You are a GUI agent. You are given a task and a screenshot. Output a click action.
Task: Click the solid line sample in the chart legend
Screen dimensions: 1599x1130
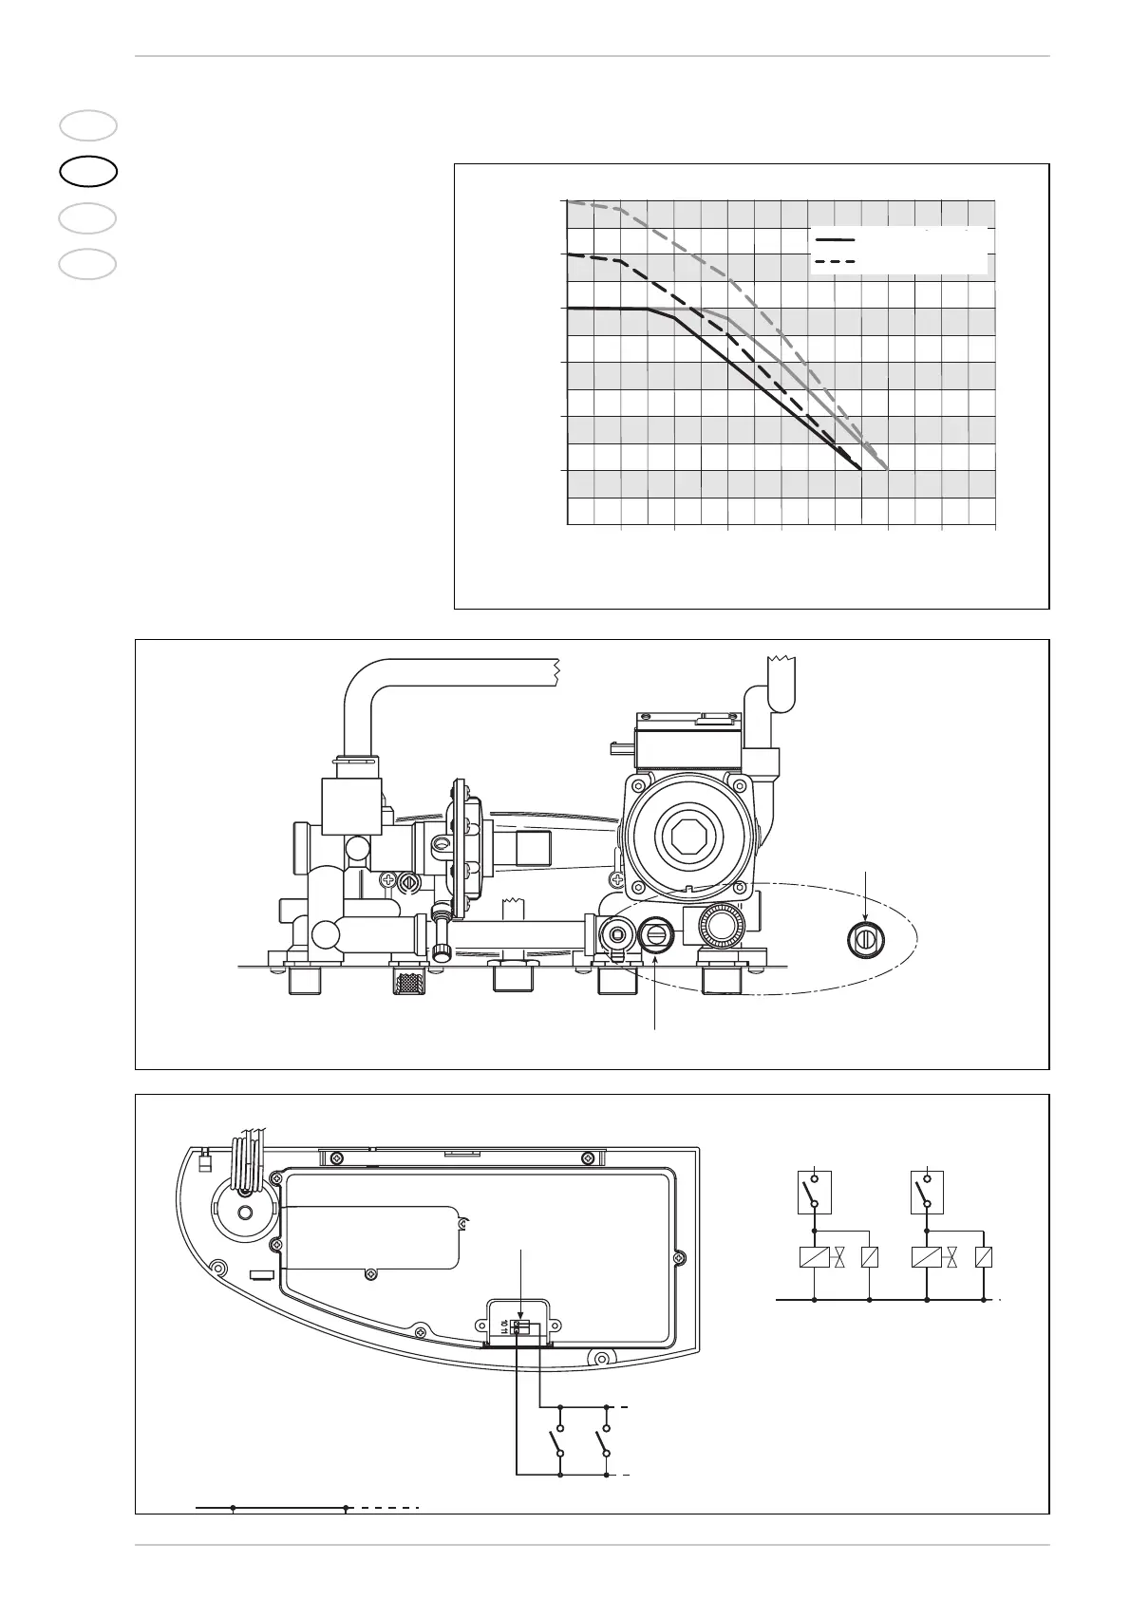pos(836,239)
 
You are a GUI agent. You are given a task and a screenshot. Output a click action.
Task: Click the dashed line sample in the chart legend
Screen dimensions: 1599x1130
pos(836,260)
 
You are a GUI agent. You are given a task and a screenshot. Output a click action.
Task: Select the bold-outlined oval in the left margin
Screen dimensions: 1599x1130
pos(88,172)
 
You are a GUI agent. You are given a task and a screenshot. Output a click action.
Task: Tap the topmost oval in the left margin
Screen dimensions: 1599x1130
pos(88,126)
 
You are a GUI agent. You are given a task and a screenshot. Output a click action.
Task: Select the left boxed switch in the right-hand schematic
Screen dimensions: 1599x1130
pos(814,1193)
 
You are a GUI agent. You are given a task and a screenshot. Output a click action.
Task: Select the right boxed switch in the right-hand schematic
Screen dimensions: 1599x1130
pos(925,1193)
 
